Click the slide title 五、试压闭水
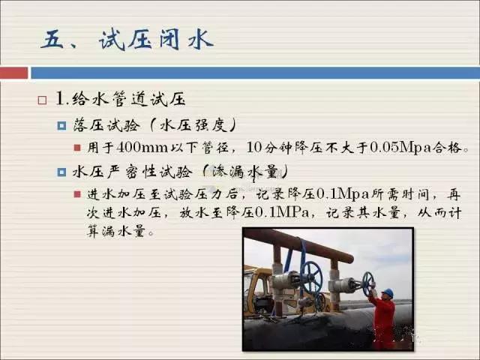(127, 39)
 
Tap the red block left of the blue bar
(13, 73)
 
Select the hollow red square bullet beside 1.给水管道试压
(42, 100)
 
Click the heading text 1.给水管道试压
(121, 99)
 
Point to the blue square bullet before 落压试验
(61, 125)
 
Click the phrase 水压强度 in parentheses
(193, 125)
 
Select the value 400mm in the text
(142, 148)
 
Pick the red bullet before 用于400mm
(77, 148)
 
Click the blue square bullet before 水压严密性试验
(61, 172)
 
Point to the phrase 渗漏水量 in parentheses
(244, 172)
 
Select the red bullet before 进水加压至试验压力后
(77, 194)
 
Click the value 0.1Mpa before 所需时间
(343, 194)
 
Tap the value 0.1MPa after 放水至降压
(282, 212)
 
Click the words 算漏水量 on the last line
(115, 231)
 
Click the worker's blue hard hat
(388, 293)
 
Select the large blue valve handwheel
(310, 278)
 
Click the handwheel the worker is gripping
(367, 283)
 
